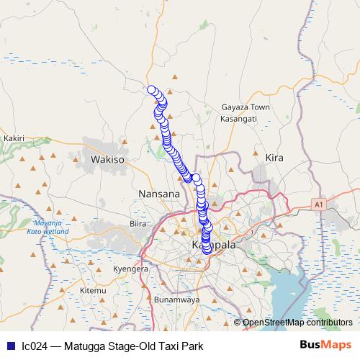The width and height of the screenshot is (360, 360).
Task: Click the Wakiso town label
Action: coord(108,158)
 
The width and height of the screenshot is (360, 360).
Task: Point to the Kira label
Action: coord(274,157)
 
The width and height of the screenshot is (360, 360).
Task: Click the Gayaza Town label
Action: coord(246,107)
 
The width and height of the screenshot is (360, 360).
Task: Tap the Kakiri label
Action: coord(14,138)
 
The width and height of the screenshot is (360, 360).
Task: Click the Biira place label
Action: coord(138,224)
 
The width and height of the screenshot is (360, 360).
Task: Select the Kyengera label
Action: coord(130,269)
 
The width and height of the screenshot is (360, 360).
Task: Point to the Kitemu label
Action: coord(92,290)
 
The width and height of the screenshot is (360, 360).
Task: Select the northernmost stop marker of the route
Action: coord(152,90)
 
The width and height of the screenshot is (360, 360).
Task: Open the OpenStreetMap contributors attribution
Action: coord(297,323)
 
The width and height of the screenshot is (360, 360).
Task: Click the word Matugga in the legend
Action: coord(81,346)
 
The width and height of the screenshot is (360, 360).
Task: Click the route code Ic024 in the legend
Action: coord(35,346)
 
